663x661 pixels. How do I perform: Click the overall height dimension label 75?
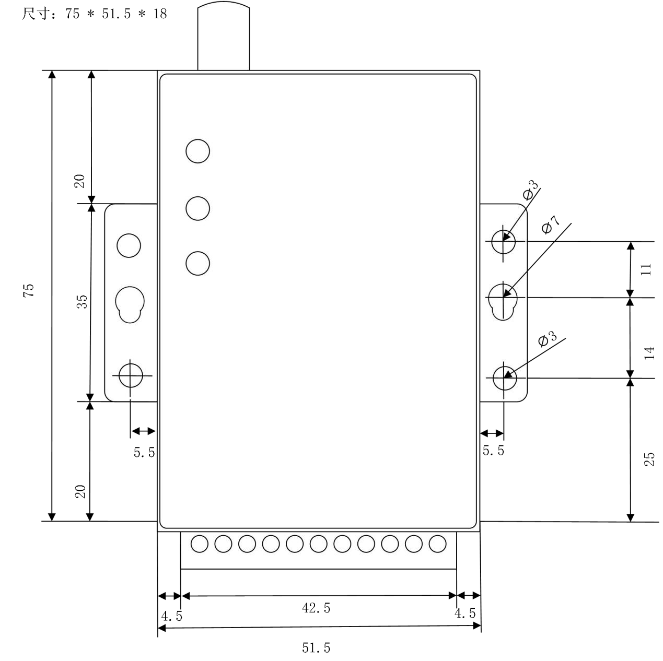29,290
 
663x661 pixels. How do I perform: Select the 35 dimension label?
82,302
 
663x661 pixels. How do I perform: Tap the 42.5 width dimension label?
316,608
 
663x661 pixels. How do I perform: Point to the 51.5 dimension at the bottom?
316,647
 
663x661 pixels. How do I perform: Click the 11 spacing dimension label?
646,269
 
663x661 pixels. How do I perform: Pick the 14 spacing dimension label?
648,353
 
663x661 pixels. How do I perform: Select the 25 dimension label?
648,459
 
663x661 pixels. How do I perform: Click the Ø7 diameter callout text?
551,225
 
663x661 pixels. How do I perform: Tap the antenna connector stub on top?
224,36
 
